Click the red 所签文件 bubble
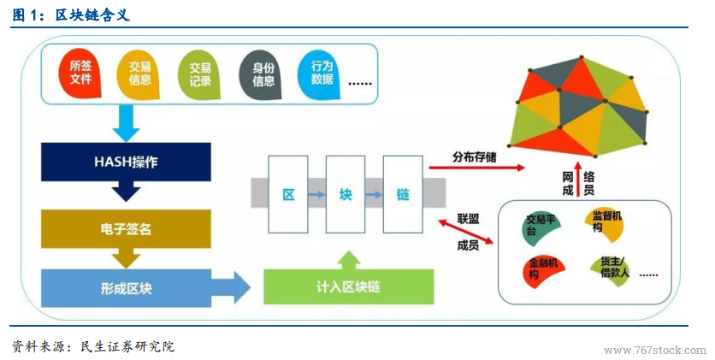(80, 73)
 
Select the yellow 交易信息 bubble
(139, 74)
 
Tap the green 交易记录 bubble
(199, 74)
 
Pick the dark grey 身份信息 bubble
(261, 74)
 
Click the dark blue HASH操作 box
(126, 162)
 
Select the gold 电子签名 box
(126, 229)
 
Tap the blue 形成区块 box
(126, 288)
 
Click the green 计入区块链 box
(349, 286)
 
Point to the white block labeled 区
(288, 195)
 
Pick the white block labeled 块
(346, 195)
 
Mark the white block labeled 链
(403, 195)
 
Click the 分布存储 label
(474, 157)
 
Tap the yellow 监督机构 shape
(604, 225)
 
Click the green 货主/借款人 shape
(610, 271)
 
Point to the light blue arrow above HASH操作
(126, 123)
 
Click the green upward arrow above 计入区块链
(349, 260)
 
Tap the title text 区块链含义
(92, 15)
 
